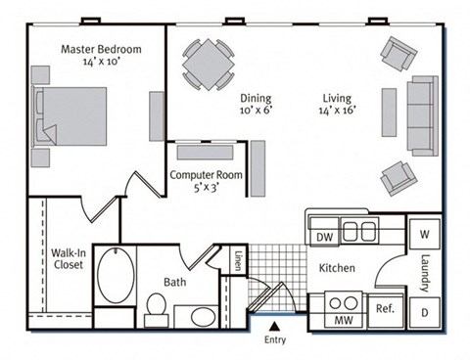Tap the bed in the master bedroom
click(x=71, y=116)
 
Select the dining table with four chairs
click(x=207, y=67)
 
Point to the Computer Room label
click(x=207, y=182)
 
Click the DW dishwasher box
click(x=322, y=236)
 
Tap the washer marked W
click(x=426, y=235)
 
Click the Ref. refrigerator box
click(x=384, y=310)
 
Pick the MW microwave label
click(x=343, y=319)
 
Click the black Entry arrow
click(x=275, y=328)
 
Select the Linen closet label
click(x=238, y=262)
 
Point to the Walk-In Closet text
click(x=68, y=258)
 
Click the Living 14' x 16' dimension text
click(x=341, y=104)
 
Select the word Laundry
click(x=426, y=273)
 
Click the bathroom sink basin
click(x=204, y=317)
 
